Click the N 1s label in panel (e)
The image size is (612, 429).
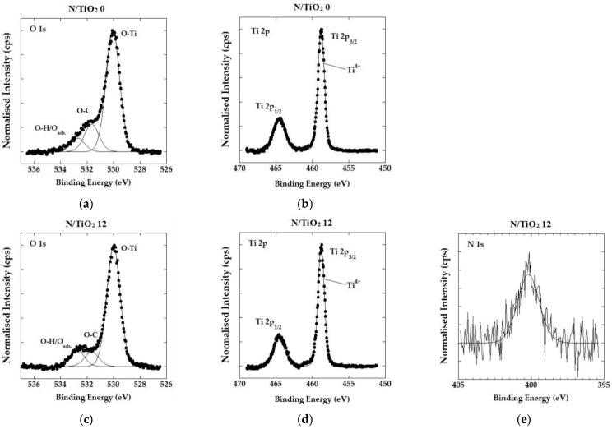(477, 247)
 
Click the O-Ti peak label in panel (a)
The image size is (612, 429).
(129, 34)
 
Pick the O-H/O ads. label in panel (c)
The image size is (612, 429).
(56, 340)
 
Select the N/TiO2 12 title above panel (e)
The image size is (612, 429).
(529, 225)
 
